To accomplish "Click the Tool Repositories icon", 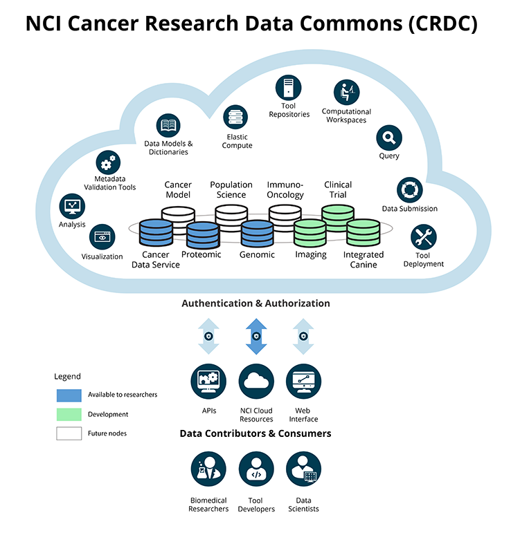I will pos(289,88).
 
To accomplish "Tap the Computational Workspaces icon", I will pos(346,93).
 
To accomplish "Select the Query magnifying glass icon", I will pos(389,138).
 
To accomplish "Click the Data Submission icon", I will pos(410,190).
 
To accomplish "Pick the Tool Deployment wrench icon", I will pos(424,238).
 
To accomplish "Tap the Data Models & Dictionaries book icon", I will pos(168,126).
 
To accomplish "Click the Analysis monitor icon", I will pos(72,206).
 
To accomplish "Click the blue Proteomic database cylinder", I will pos(202,235).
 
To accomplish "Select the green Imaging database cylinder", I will pos(310,234).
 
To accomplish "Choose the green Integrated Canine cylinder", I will pos(363,234).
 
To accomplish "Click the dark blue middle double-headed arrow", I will pos(256,337).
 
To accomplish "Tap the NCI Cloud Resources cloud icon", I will pos(256,381).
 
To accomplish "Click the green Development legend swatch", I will pos(68,414).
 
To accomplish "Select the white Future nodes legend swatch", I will pos(68,433).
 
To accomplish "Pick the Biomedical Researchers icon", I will pos(208,469).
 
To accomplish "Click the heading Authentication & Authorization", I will pos(256,303).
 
